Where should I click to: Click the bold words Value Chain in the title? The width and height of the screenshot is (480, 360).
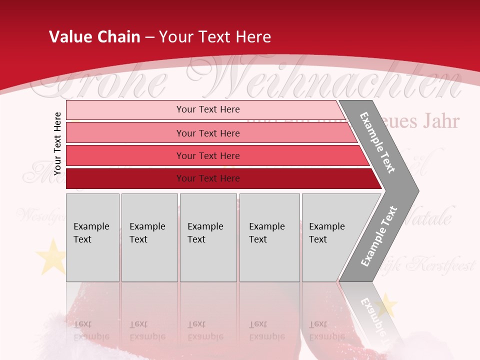tap(94, 37)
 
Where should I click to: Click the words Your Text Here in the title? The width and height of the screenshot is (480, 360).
tap(215, 37)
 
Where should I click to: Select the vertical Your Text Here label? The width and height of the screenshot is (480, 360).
tap(58, 143)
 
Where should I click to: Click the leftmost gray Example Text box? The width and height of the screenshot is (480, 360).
tap(92, 237)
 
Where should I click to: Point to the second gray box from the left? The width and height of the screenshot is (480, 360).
tap(149, 237)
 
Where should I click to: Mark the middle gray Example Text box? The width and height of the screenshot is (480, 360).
tap(208, 237)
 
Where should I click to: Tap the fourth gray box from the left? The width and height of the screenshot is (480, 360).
tap(269, 237)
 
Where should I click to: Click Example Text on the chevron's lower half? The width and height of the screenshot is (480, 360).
tap(379, 236)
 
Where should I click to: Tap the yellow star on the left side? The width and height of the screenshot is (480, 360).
tap(50, 255)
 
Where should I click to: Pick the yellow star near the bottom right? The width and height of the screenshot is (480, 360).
tap(386, 305)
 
